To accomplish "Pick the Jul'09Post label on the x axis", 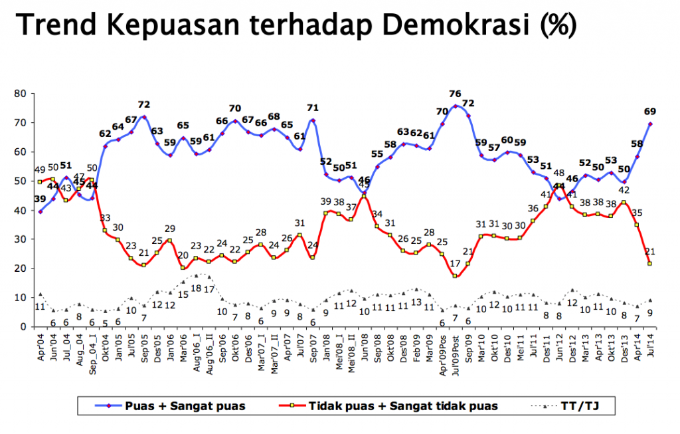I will click(x=456, y=350).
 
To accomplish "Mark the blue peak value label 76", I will click(x=455, y=94).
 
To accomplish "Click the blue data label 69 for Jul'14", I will click(x=650, y=110).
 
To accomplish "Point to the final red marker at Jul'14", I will click(x=650, y=263).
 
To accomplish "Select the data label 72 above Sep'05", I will click(x=143, y=105).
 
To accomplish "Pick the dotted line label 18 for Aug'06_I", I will click(x=196, y=288).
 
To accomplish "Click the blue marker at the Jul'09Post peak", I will click(x=456, y=105).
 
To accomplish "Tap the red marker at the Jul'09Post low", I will click(x=456, y=276).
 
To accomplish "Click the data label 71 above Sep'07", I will click(x=313, y=108).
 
